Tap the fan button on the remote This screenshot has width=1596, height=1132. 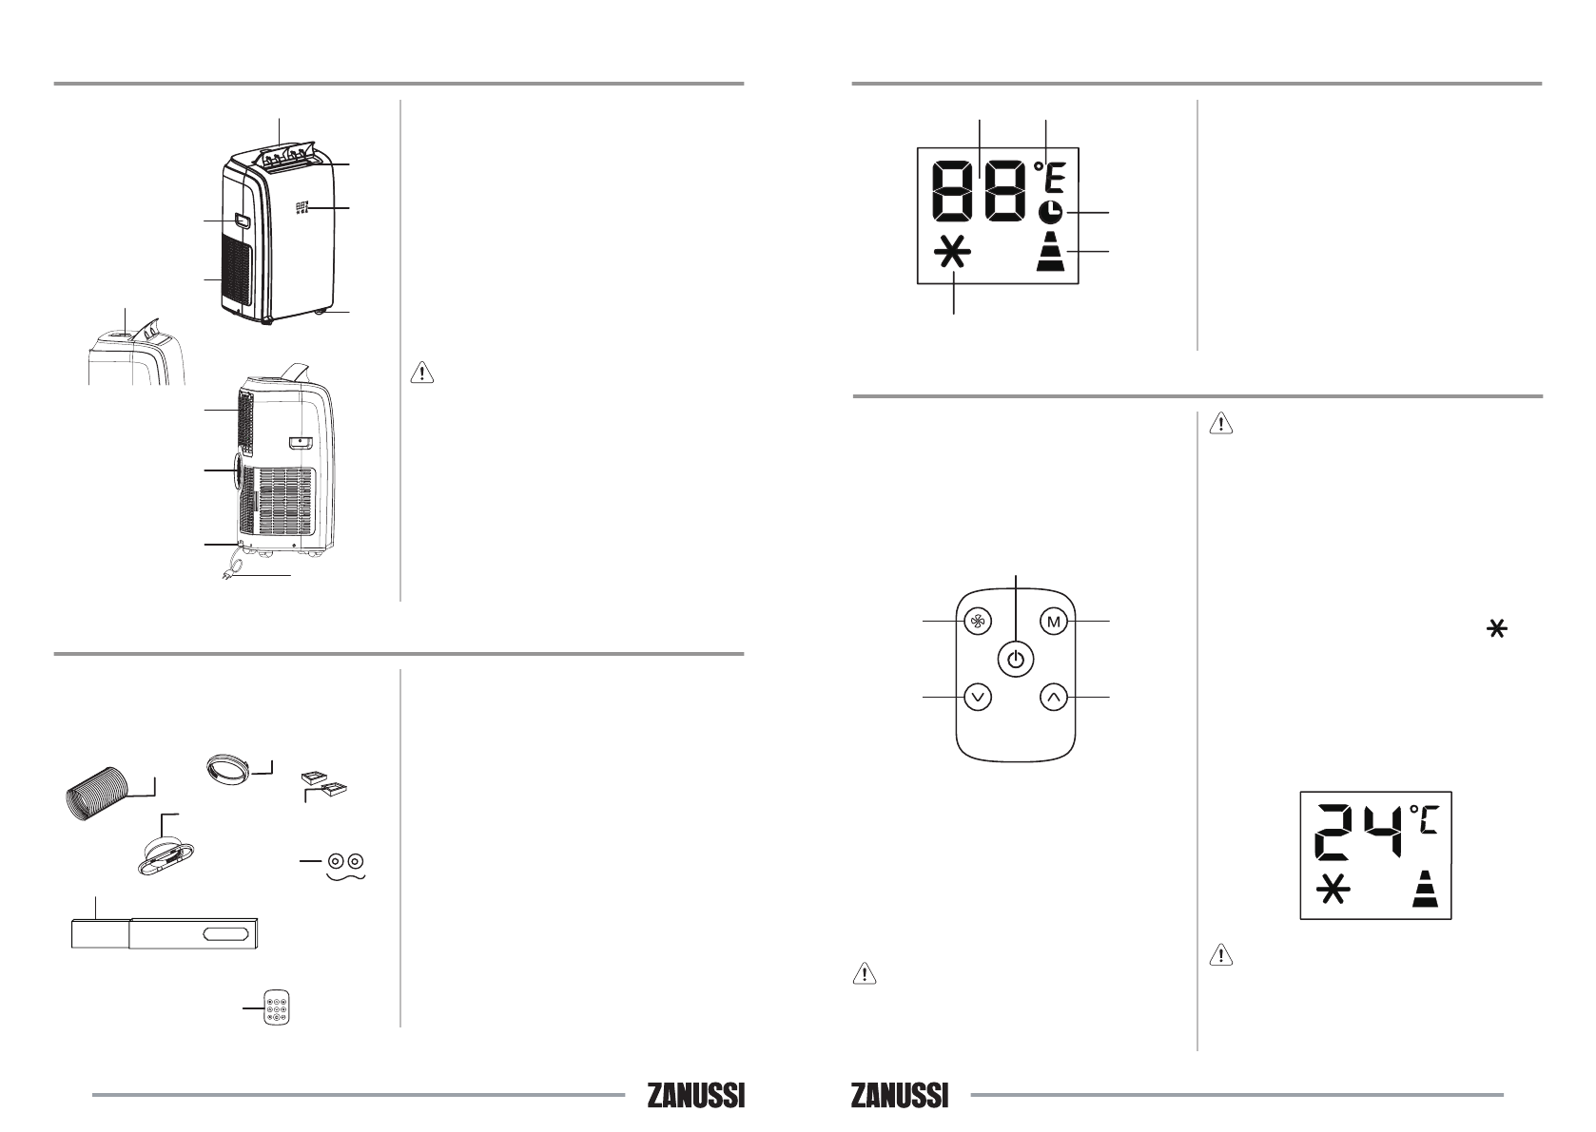click(978, 622)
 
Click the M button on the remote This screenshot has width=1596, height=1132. click(1054, 622)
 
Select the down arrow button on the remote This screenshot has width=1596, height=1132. click(978, 697)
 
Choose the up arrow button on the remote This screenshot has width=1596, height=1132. click(1054, 697)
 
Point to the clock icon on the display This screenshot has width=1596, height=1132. click(1049, 212)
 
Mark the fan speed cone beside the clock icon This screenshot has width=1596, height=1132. click(1050, 251)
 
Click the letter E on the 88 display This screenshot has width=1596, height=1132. click(1055, 178)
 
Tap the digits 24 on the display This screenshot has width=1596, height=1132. click(1358, 832)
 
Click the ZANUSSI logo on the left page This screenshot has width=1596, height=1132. click(696, 1096)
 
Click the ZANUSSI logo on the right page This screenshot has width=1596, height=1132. click(900, 1096)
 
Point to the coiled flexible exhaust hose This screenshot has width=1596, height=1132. click(96, 795)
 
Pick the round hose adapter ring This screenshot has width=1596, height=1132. click(228, 770)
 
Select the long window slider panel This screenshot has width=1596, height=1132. click(165, 933)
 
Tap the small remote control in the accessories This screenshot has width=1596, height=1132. click(277, 1007)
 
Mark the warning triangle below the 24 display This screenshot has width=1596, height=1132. click(1221, 954)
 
